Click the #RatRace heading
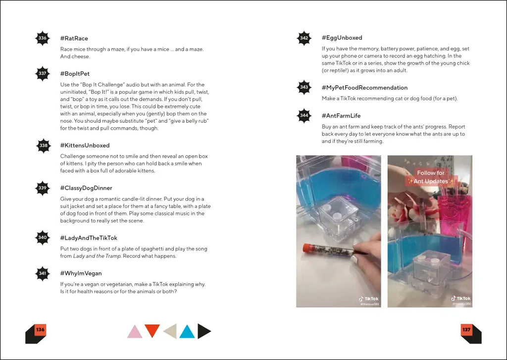(x=74, y=39)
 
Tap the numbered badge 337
(x=43, y=74)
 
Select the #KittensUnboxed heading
(x=85, y=146)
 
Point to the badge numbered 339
(x=43, y=188)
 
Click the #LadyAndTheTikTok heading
(x=89, y=238)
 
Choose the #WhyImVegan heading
(x=81, y=273)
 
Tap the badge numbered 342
(x=304, y=38)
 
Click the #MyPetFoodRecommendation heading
(x=364, y=88)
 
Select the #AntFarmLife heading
(x=341, y=116)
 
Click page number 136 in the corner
(x=40, y=330)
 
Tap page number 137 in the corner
(x=466, y=330)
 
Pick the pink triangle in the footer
(x=135, y=331)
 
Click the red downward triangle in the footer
(x=152, y=330)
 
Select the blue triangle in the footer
(x=187, y=331)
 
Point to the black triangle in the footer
(x=203, y=331)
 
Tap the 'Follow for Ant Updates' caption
(x=430, y=177)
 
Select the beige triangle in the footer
(x=170, y=331)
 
